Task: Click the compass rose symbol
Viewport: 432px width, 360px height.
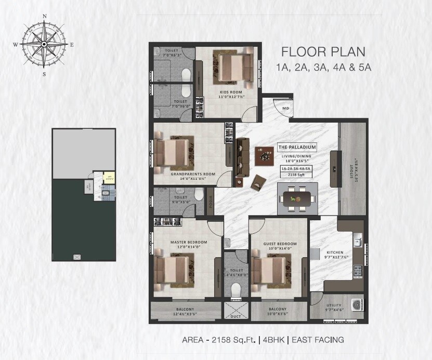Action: point(44,44)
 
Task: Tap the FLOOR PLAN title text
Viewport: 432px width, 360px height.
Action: point(323,51)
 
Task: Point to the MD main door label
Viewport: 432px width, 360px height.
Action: point(285,108)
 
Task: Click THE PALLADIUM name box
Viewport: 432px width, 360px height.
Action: point(297,147)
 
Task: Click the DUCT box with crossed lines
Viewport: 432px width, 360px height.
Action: point(237,311)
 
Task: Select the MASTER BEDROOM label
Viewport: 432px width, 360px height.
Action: point(189,242)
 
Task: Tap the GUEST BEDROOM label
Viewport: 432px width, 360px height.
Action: point(280,244)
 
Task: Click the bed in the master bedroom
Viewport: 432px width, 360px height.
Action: point(172,271)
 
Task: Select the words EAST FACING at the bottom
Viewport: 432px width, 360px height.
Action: point(318,340)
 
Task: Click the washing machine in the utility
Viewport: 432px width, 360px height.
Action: point(356,304)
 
